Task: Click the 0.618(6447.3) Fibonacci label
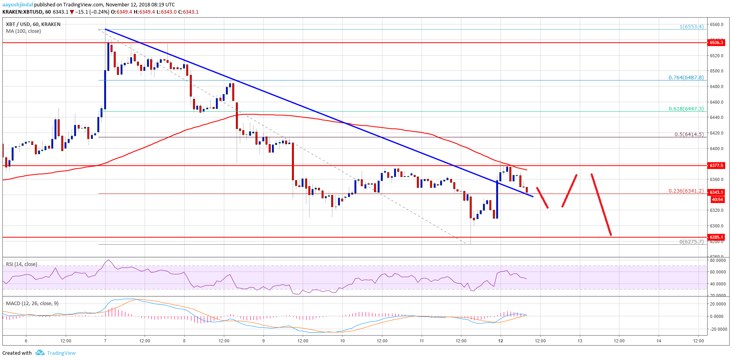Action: pyautogui.click(x=686, y=109)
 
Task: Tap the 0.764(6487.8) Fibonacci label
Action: pyautogui.click(x=686, y=78)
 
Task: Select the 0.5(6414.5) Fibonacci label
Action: pyautogui.click(x=689, y=135)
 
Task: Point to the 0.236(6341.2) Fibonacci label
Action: pyautogui.click(x=686, y=191)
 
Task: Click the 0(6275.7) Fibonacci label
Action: pyautogui.click(x=691, y=242)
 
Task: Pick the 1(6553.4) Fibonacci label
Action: pyautogui.click(x=691, y=27)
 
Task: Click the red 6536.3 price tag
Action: pyautogui.click(x=716, y=42)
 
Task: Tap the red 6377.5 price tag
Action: pyautogui.click(x=716, y=165)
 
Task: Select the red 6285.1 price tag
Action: pyautogui.click(x=716, y=237)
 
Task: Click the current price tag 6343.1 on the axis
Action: pyautogui.click(x=716, y=192)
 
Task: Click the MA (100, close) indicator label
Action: pyautogui.click(x=23, y=31)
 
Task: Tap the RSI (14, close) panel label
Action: pyautogui.click(x=22, y=264)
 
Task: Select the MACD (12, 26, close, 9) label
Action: pyautogui.click(x=32, y=304)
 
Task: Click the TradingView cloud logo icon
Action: pyautogui.click(x=40, y=353)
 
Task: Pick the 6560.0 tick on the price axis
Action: pyautogui.click(x=716, y=24)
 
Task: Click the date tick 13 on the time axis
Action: pyautogui.click(x=579, y=341)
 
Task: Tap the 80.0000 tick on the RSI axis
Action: pyautogui.click(x=717, y=260)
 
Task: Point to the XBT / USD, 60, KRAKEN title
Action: pyautogui.click(x=33, y=24)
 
